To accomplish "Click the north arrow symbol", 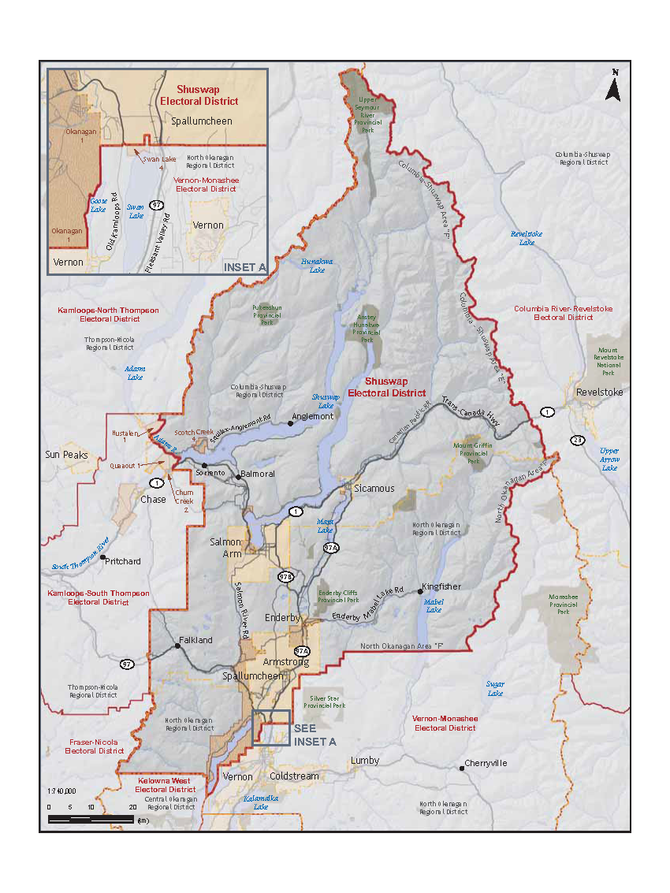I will pyautogui.click(x=613, y=86).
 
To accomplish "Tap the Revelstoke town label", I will pyautogui.click(x=599, y=392).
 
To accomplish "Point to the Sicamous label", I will pyautogui.click(x=374, y=488).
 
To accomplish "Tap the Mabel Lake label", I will pyautogui.click(x=434, y=605).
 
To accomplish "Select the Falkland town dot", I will pyautogui.click(x=177, y=646).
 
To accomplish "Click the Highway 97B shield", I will pyautogui.click(x=285, y=577).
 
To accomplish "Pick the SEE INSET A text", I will pyautogui.click(x=315, y=735).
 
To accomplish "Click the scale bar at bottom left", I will pyautogui.click(x=91, y=819).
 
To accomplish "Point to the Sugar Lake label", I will pyautogui.click(x=494, y=688).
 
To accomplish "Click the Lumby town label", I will pyautogui.click(x=365, y=761).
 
